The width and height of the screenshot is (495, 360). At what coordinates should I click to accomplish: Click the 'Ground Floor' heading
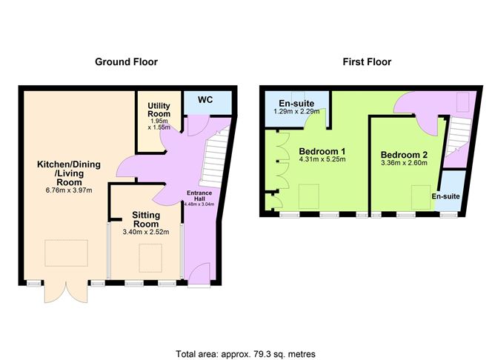[126, 62]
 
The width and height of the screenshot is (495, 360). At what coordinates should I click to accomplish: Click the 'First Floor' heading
[368, 62]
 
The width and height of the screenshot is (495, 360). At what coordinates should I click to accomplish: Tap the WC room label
[205, 99]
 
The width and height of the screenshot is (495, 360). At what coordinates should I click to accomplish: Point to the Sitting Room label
[146, 219]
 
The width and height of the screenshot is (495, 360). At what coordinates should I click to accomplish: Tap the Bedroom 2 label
[403, 154]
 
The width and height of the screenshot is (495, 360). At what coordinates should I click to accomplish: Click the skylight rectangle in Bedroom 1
[309, 196]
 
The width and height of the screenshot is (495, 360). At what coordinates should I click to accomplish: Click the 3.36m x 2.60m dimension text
[403, 164]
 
